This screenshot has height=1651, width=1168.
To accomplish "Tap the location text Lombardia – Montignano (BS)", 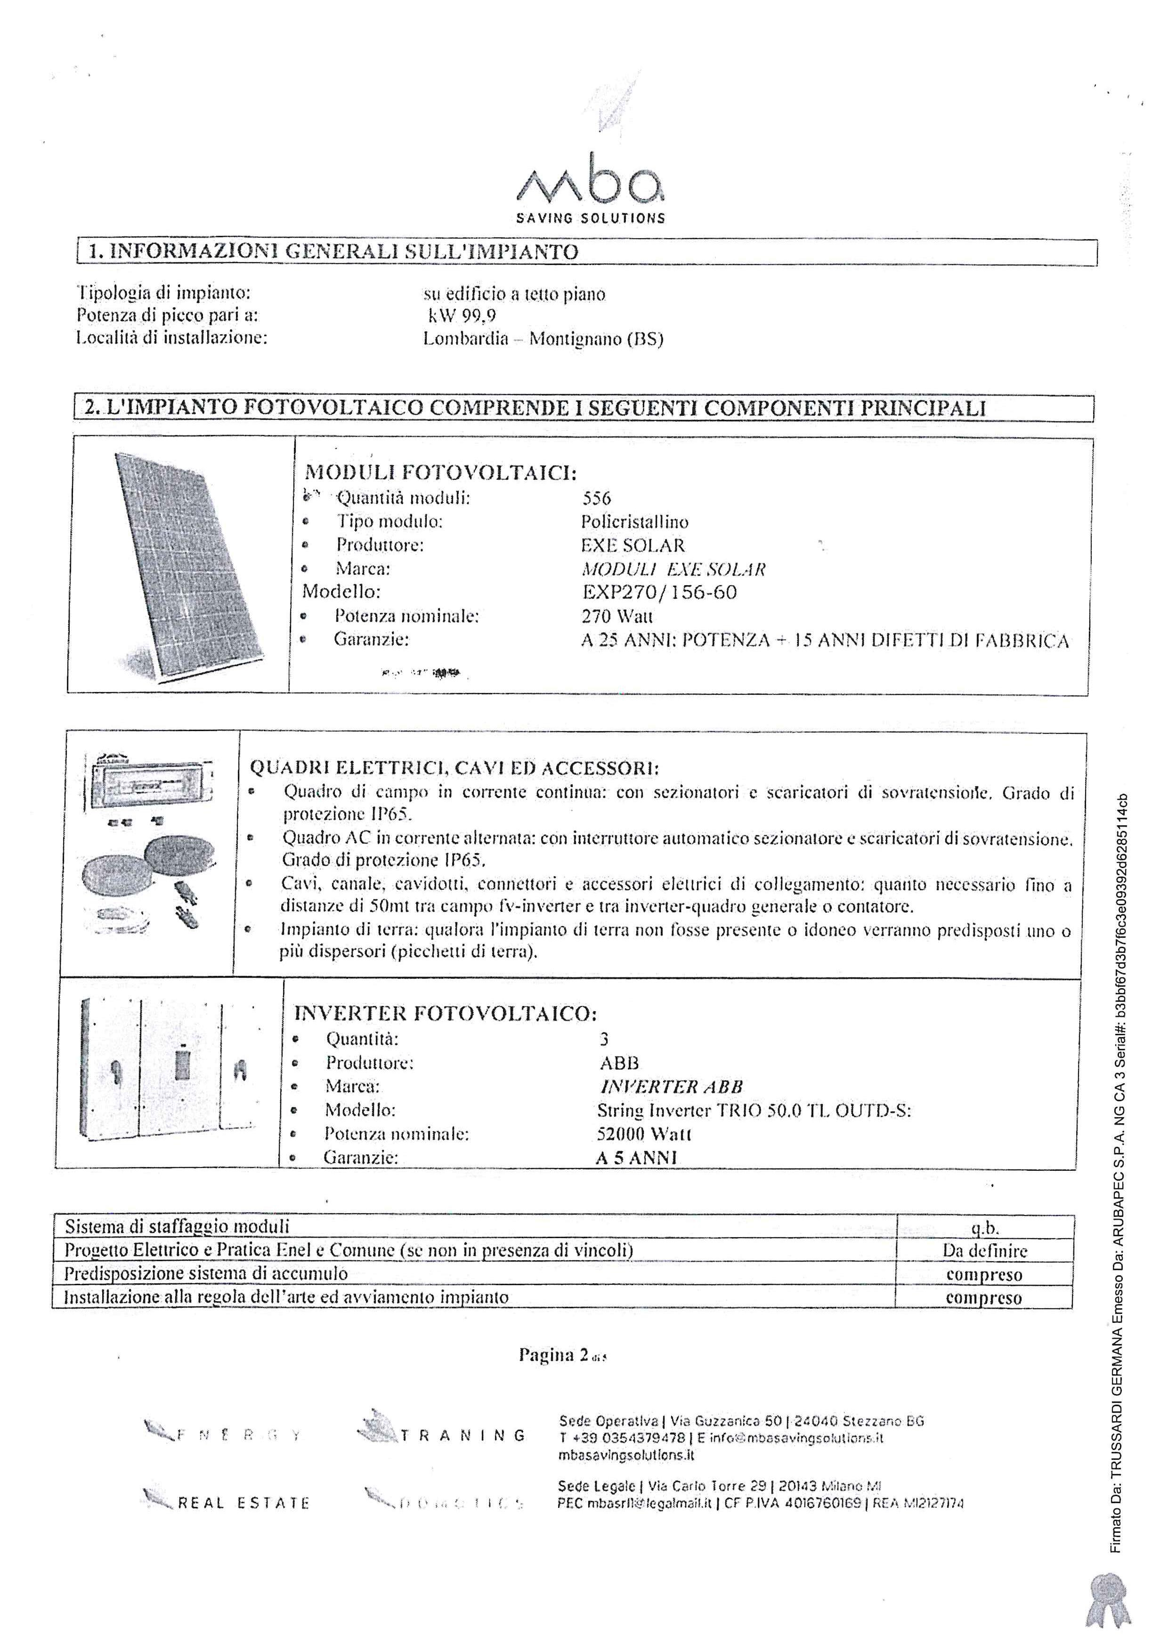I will click(543, 338).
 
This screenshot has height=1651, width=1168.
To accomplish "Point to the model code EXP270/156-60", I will click(659, 593).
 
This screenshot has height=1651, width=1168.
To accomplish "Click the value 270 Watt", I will click(617, 616).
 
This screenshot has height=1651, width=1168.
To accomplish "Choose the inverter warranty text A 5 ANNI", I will click(636, 1158).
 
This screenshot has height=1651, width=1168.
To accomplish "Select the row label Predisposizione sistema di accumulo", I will click(206, 1273).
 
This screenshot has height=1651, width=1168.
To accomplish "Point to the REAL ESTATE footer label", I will click(243, 1503).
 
